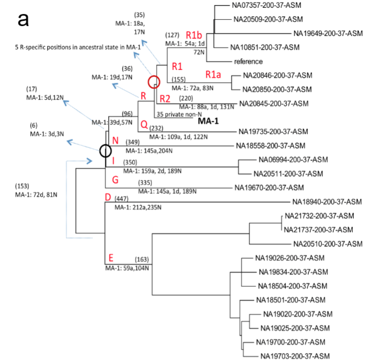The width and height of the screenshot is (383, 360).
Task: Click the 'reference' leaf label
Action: pos(248,61)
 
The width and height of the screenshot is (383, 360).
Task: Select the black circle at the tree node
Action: pos(106,151)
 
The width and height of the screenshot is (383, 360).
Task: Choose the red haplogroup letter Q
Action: pos(143,124)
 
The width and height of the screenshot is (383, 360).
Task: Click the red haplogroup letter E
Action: pos(110,258)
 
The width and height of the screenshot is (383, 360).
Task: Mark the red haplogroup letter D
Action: pos(108,198)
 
